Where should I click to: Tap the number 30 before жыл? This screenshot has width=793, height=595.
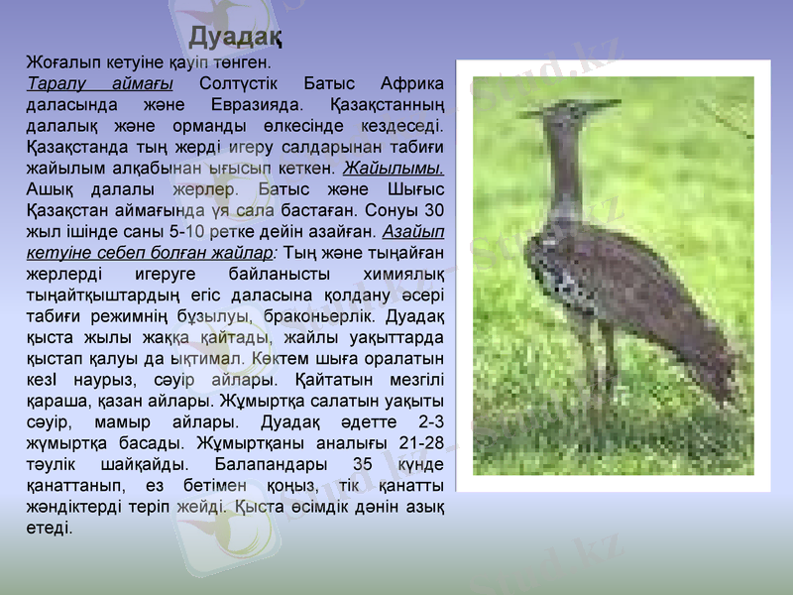coord(433,209)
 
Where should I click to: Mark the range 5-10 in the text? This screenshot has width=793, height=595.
coord(187,231)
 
